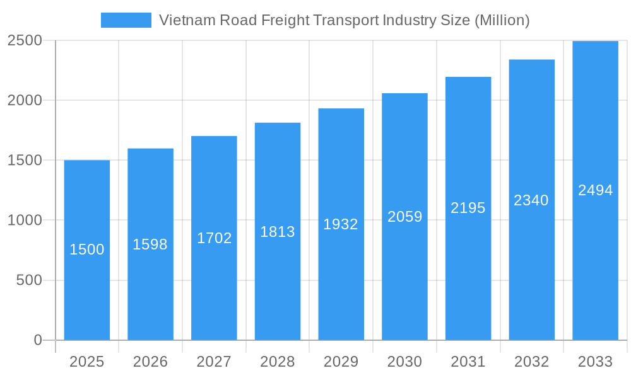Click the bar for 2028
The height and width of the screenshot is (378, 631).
[278, 283]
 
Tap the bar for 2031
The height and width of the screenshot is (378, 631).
[468, 271]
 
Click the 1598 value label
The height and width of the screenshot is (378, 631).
[150, 244]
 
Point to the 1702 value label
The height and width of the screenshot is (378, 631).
[215, 238]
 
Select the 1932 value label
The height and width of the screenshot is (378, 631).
[341, 224]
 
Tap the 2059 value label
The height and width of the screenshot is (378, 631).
[404, 217]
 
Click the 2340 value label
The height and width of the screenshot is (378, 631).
[531, 200]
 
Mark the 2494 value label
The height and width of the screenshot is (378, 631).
[595, 190]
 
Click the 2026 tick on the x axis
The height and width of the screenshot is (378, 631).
[150, 362]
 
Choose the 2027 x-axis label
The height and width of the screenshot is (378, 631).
[214, 362]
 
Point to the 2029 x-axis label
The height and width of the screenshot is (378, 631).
[341, 362]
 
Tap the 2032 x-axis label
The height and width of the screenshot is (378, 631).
[531, 362]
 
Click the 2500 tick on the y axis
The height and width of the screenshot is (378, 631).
[25, 41]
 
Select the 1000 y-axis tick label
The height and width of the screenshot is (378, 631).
[25, 220]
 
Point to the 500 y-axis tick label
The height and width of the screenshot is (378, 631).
[29, 280]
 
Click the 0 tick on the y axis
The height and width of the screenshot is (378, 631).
[38, 340]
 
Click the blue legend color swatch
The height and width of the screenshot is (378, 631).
[126, 20]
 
